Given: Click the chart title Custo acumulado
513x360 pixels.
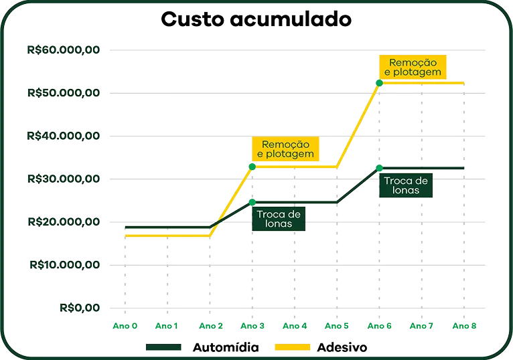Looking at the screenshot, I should coord(256,19).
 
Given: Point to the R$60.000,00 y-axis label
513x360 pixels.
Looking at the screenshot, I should coord(64,50).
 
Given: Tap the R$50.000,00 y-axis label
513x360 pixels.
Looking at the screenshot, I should coord(64,92).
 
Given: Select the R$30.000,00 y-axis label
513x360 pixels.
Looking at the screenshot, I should coord(64,179).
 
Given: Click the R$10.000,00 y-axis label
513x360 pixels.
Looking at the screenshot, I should coord(65,264).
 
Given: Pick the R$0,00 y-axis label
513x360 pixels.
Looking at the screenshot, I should coord(80,308).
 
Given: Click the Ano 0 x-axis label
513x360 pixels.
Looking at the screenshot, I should coord(125,326).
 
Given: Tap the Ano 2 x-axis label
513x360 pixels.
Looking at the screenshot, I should coord(210,326).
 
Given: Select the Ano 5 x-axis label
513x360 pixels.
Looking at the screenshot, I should coord(336,326).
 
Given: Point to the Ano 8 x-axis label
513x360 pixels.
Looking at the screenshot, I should coord(463,326).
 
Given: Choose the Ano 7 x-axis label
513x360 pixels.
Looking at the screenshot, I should coord(421,326).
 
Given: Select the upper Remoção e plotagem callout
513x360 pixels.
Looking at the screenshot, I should coord(413,67).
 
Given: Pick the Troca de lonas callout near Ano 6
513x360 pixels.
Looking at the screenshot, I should coord(407,185).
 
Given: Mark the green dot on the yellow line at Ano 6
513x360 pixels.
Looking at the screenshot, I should coord(379,82).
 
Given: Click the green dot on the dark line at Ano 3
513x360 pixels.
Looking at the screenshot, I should coord(252,201).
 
